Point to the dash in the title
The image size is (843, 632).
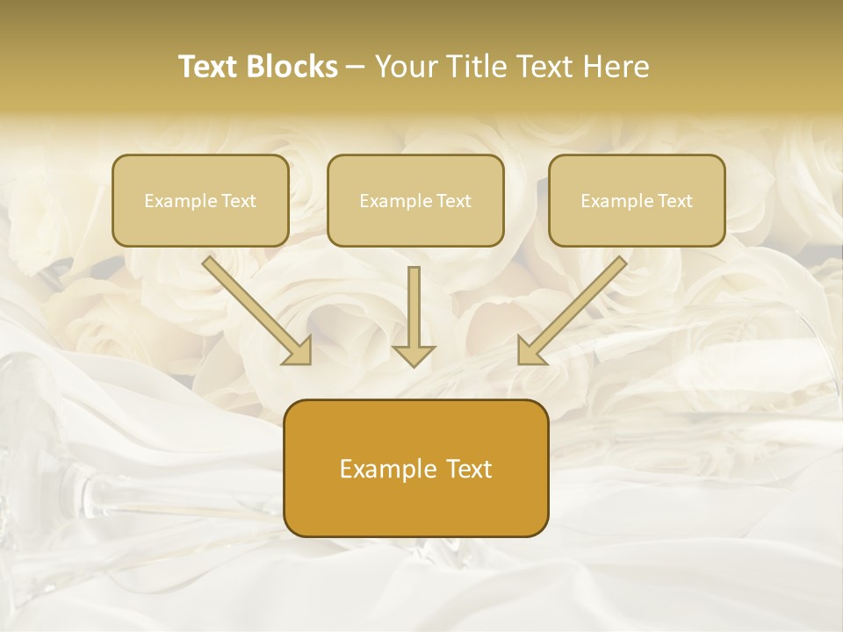click(357, 68)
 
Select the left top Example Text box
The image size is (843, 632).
click(200, 200)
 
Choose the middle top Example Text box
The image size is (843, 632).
click(415, 200)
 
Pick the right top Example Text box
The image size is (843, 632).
click(637, 200)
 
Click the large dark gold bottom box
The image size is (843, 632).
click(415, 468)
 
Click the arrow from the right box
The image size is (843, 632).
click(575, 307)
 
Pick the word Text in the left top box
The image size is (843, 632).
click(238, 201)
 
